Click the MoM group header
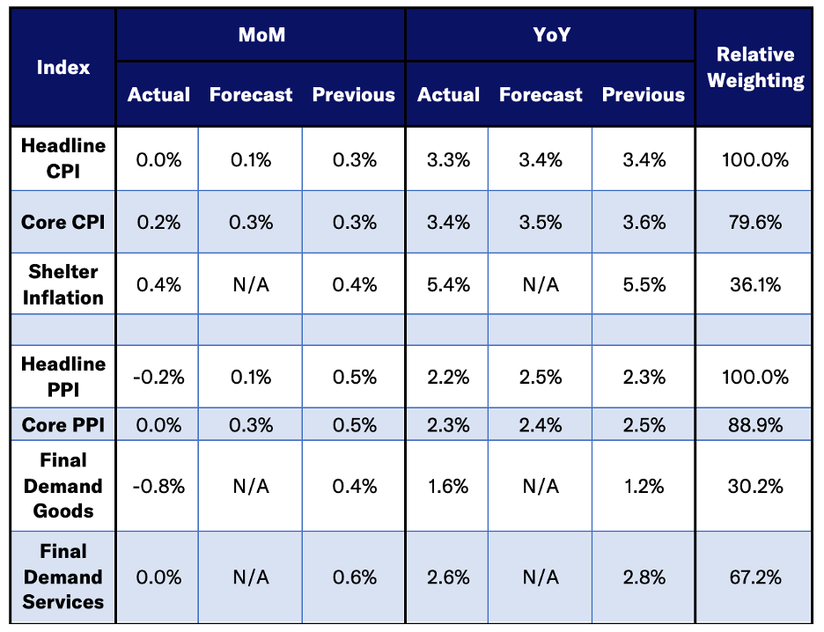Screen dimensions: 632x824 click(261, 35)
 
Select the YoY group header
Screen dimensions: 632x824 click(550, 35)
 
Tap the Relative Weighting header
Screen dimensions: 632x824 click(755, 68)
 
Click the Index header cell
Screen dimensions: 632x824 click(63, 68)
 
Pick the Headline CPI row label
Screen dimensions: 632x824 click(63, 158)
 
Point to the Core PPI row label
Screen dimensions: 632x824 click(63, 426)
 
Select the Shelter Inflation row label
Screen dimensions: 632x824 click(63, 284)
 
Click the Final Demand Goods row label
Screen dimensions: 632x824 click(63, 486)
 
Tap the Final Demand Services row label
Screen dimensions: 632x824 click(63, 577)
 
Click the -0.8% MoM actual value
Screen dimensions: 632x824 click(159, 486)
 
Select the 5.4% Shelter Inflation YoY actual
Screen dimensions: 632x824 click(449, 284)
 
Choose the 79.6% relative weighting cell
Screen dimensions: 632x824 click(755, 223)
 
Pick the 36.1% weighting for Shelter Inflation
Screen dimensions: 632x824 click(755, 284)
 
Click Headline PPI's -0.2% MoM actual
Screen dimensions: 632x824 click(159, 377)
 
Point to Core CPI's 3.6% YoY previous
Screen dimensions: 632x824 click(644, 223)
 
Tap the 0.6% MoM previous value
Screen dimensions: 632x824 click(354, 577)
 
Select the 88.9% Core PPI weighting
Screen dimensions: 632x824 click(755, 426)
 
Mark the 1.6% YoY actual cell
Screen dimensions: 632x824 click(449, 486)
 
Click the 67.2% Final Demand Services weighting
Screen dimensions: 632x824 click(755, 577)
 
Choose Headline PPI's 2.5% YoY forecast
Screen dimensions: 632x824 click(541, 377)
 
